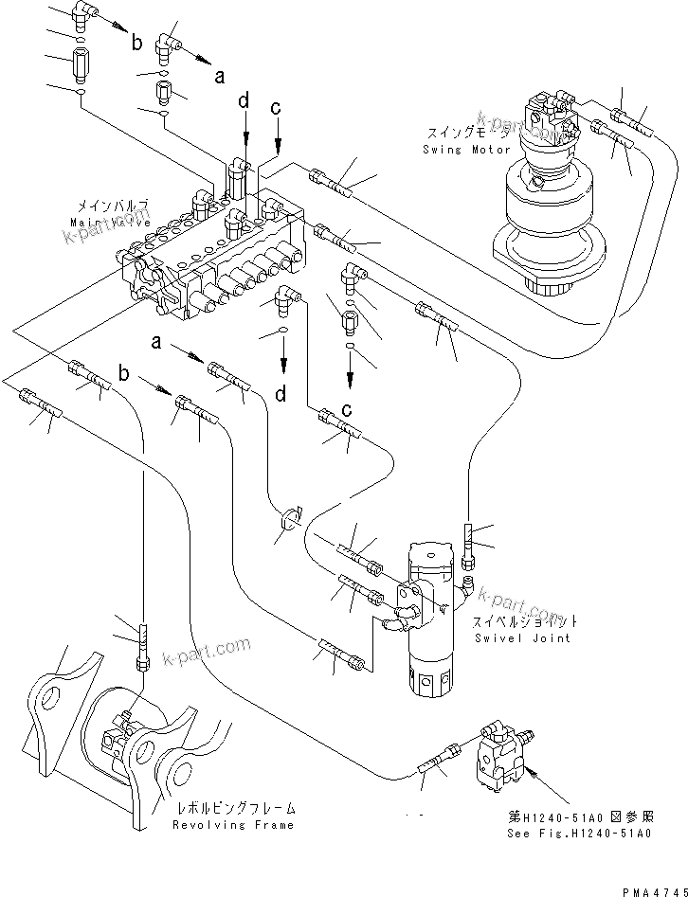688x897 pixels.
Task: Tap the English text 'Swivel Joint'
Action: click(x=523, y=638)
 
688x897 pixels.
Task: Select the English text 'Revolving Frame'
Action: click(x=232, y=825)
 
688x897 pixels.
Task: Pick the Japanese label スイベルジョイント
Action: click(x=526, y=622)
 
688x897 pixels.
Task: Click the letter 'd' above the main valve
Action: click(x=244, y=99)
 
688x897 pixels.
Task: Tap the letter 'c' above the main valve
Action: click(x=277, y=111)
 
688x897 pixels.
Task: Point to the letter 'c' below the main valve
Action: click(x=349, y=409)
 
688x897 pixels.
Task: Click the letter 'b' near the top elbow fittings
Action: click(x=138, y=43)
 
